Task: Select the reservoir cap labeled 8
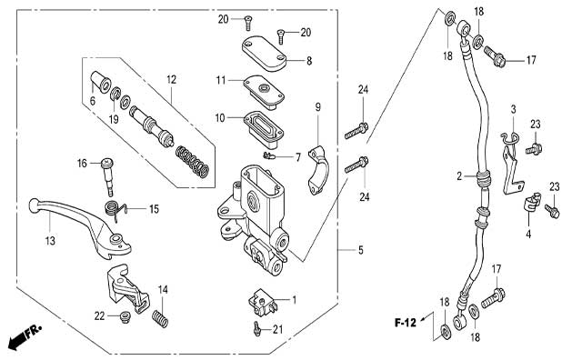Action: tap(265, 53)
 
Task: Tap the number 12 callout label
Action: tap(172, 79)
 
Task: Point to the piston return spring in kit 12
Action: tap(192, 161)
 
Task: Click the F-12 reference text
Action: tap(406, 323)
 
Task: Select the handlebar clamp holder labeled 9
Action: tap(318, 170)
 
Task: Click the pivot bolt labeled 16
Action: tap(107, 177)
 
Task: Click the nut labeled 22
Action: tap(125, 317)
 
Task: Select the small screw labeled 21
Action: tap(256, 329)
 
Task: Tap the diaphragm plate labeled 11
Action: tap(264, 92)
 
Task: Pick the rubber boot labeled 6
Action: tap(101, 82)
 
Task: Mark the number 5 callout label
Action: tap(361, 250)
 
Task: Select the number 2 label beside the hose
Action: tap(459, 176)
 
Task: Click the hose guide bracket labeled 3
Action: tap(511, 164)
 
